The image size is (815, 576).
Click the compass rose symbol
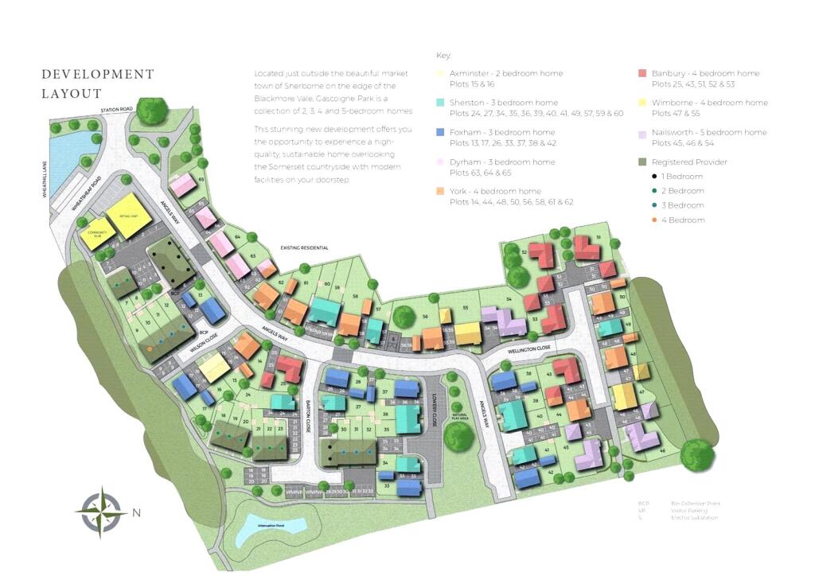tap(101, 512)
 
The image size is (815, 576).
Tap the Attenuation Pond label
tap(263, 525)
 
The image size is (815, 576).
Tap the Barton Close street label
tap(309, 412)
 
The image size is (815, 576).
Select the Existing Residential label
tap(304, 248)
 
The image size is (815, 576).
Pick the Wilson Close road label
tap(204, 344)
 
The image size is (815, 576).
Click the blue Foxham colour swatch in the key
tap(441, 132)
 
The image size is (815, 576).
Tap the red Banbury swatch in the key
tap(642, 73)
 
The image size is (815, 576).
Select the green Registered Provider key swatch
tap(642, 162)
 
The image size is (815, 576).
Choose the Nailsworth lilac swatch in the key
tap(642, 132)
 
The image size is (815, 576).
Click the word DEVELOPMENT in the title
tap(98, 74)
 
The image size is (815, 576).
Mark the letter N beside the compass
tap(136, 512)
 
